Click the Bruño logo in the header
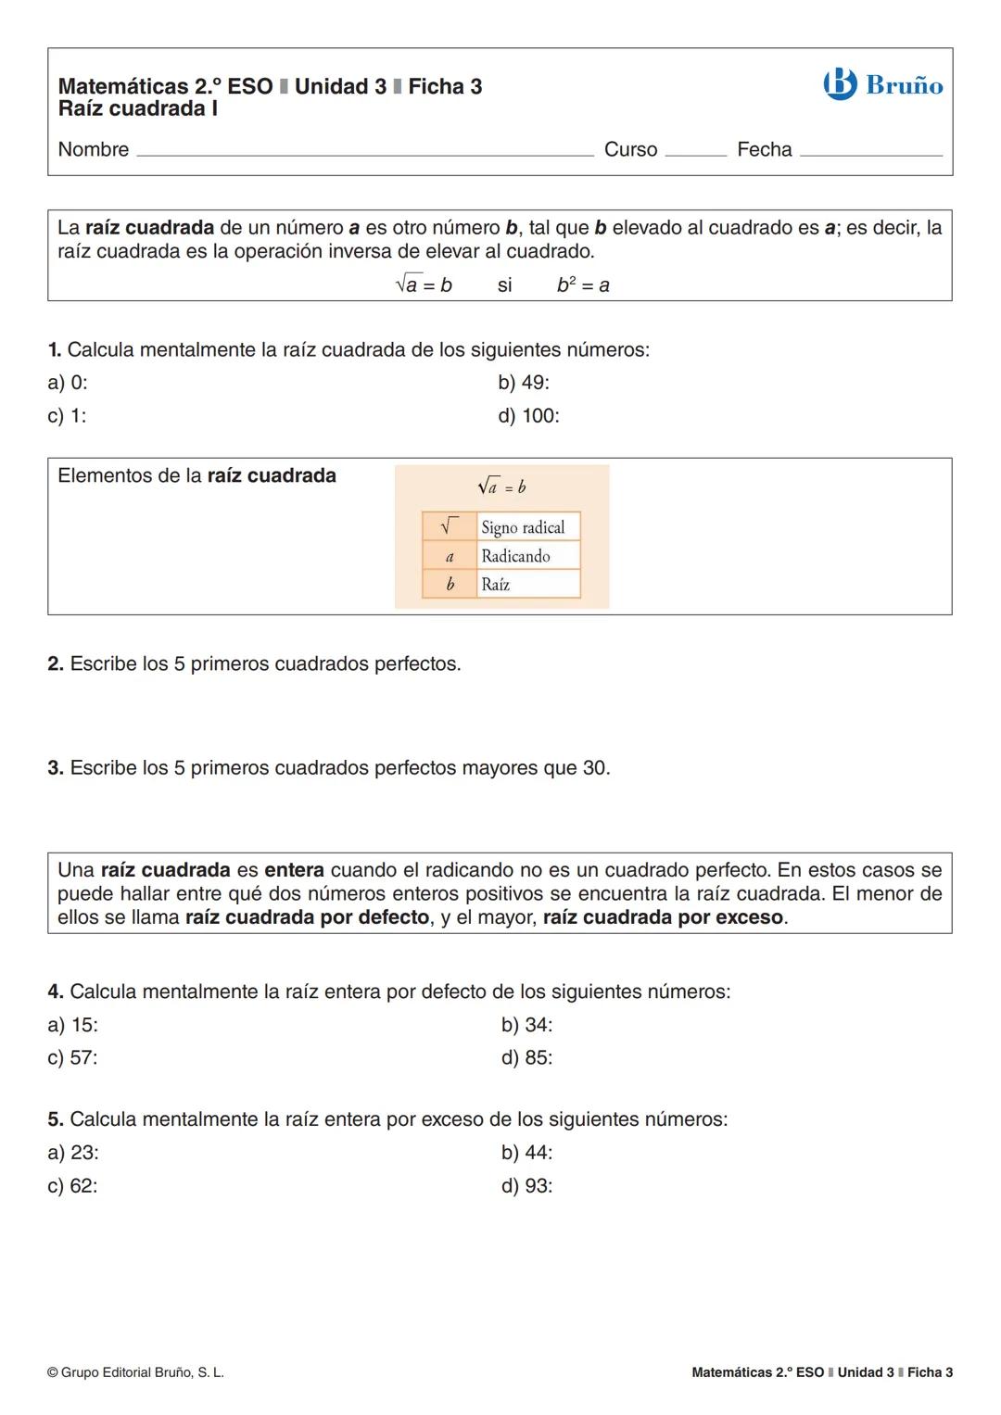pos(882,85)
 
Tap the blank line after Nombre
pos(365,154)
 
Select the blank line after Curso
pos(695,154)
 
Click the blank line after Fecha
pos(870,154)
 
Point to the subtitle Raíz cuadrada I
pos(138,109)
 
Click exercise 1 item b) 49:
pos(524,383)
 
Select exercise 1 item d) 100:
pos(528,416)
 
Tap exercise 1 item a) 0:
pos(68,383)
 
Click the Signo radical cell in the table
pos(523,527)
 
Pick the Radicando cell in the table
pos(515,556)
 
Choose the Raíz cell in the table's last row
pos(496,585)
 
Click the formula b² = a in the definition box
pos(583,285)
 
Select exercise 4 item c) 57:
pos(72,1058)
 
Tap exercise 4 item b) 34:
pos(526,1025)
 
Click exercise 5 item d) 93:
pos(526,1186)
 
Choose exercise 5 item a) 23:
pos(73,1153)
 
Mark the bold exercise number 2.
pos(56,664)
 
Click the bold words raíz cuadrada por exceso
pos(663,918)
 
